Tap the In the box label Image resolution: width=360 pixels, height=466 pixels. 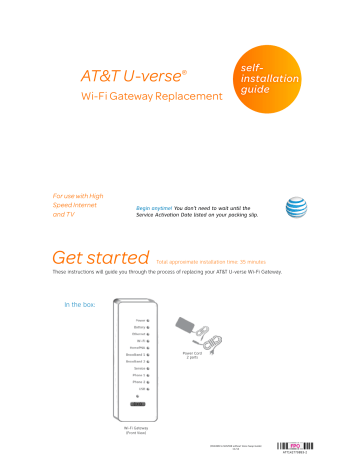(x=81, y=304)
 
